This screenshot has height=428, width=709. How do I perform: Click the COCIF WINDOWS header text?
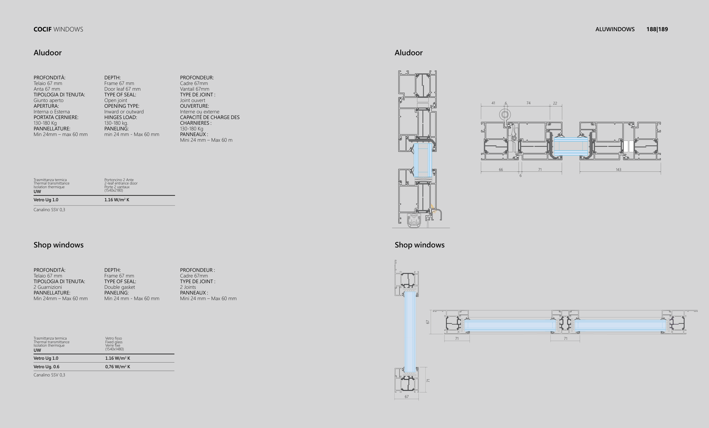[58, 29]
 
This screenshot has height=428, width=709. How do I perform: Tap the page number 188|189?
[657, 29]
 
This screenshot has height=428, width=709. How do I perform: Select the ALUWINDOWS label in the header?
[615, 29]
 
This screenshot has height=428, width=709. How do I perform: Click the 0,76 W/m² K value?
[118, 367]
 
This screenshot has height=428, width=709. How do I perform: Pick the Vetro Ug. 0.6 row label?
[46, 367]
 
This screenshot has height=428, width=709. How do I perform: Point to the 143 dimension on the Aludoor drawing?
[618, 169]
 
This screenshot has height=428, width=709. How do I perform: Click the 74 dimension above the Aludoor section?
[528, 103]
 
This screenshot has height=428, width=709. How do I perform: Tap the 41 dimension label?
[493, 103]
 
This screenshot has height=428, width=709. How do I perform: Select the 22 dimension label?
[555, 103]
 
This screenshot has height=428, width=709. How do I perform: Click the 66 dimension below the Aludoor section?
[501, 169]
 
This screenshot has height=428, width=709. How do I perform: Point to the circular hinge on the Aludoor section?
[505, 115]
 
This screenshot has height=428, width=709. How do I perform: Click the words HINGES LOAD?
[121, 117]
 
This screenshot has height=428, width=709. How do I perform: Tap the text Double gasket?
[119, 287]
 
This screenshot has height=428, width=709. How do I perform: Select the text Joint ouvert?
[193, 100]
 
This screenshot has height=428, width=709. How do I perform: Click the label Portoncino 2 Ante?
[119, 180]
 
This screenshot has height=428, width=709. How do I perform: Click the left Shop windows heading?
[58, 245]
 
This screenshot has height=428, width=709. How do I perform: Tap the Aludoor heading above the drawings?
[409, 53]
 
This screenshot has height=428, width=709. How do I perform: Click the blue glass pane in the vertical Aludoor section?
[423, 160]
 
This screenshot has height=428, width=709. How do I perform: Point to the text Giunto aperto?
[48, 100]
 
